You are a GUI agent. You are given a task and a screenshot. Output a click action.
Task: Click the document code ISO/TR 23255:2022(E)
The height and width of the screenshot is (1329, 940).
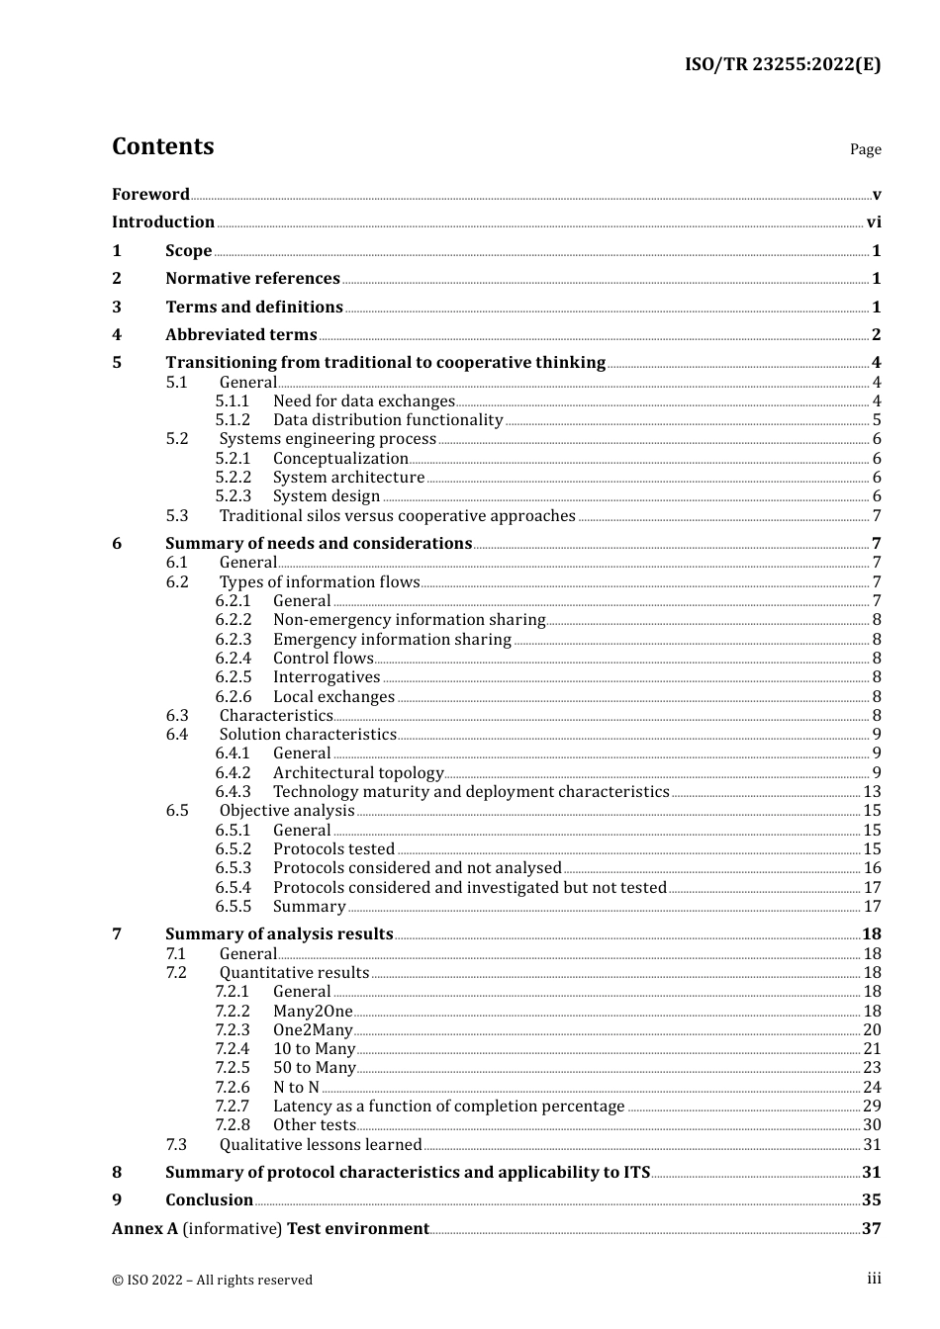pyautogui.click(x=782, y=65)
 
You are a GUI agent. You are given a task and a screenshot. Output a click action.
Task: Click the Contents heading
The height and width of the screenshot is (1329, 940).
pyautogui.click(x=162, y=146)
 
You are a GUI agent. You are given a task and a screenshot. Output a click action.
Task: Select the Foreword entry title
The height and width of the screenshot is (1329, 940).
pyautogui.click(x=150, y=195)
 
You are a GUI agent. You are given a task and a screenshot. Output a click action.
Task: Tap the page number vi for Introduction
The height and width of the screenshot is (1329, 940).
pyautogui.click(x=874, y=222)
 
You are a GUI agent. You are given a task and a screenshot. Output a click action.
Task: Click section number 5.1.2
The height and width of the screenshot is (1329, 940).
pyautogui.click(x=233, y=420)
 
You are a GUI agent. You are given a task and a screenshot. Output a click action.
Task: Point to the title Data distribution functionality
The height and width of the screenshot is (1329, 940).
pyautogui.click(x=388, y=420)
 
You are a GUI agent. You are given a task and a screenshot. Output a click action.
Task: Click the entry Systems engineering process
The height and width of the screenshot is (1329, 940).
pyautogui.click(x=328, y=439)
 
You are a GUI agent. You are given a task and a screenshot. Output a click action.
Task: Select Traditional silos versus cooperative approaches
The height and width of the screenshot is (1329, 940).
pyautogui.click(x=397, y=516)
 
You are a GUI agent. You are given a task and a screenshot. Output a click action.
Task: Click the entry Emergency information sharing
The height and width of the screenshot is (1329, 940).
pyautogui.click(x=392, y=640)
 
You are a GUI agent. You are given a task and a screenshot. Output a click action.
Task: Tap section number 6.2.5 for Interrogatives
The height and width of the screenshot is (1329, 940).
pyautogui.click(x=234, y=677)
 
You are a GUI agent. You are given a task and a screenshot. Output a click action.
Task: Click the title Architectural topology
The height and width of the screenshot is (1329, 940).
pyautogui.click(x=358, y=773)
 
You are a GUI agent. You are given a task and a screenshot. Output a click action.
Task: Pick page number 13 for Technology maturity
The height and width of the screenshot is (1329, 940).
pyautogui.click(x=872, y=792)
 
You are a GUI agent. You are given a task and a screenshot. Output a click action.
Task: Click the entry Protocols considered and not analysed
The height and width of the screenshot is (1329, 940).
pyautogui.click(x=417, y=868)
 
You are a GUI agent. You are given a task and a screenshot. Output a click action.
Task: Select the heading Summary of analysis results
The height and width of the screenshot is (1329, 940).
pyautogui.click(x=279, y=934)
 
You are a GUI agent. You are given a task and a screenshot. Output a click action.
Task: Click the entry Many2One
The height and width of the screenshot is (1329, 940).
pyautogui.click(x=313, y=1012)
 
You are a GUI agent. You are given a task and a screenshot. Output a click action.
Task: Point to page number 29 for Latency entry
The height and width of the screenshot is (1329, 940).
pyautogui.click(x=872, y=1107)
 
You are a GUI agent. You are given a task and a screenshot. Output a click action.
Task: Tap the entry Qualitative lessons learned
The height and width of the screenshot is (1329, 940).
pyautogui.click(x=321, y=1145)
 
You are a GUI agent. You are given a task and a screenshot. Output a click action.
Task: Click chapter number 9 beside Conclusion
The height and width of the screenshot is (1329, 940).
pyautogui.click(x=117, y=1200)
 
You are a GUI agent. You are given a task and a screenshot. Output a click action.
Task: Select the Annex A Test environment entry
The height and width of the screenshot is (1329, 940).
pyautogui.click(x=270, y=1229)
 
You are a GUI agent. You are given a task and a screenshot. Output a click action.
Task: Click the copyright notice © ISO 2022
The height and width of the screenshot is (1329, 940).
pyautogui.click(x=212, y=1281)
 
